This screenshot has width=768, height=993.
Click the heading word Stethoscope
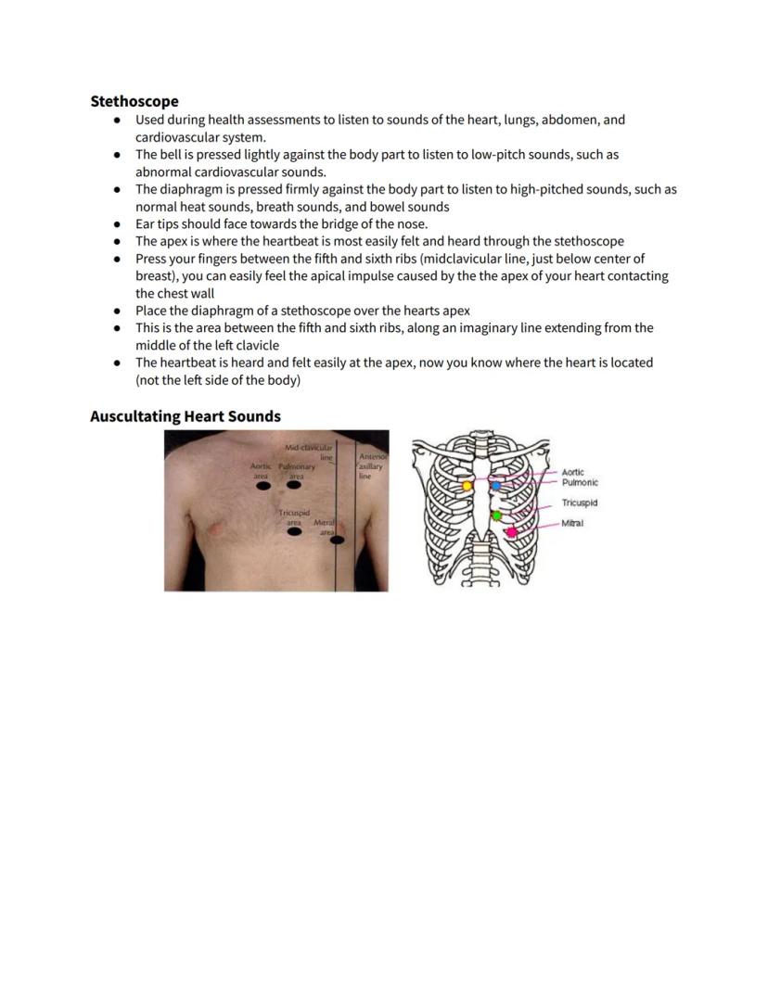(x=134, y=101)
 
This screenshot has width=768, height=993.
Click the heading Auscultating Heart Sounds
(x=185, y=416)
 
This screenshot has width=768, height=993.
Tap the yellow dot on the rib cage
(x=467, y=485)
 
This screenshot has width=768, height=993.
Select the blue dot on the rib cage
(x=496, y=485)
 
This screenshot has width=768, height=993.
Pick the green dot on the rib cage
(x=497, y=516)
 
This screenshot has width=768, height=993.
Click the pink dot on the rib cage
(x=511, y=532)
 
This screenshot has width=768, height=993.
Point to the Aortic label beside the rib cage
(x=572, y=473)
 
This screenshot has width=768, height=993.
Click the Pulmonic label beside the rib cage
(x=580, y=482)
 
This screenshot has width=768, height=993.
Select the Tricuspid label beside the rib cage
(x=579, y=503)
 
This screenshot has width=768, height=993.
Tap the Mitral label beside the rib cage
(x=572, y=524)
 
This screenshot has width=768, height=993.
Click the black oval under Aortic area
(x=263, y=485)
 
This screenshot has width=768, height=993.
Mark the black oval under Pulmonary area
(x=294, y=485)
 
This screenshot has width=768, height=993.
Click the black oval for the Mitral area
(x=338, y=540)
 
